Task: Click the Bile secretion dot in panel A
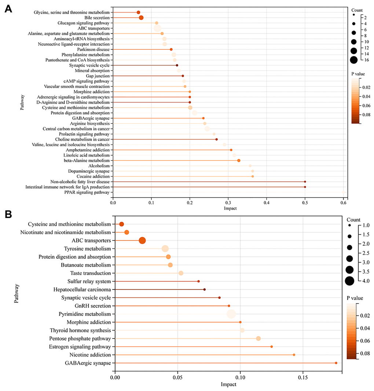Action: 141,18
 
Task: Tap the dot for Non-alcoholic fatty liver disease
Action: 305,182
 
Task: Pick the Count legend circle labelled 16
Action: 354,60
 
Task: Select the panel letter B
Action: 8,215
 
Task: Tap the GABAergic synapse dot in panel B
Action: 336,363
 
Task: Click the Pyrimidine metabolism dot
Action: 231,314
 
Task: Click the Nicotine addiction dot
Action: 294,355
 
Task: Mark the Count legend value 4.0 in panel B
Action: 366,281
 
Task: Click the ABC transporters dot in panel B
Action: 142,240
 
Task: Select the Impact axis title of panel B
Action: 228,385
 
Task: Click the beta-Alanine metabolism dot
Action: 239,161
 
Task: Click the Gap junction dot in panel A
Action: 183,76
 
